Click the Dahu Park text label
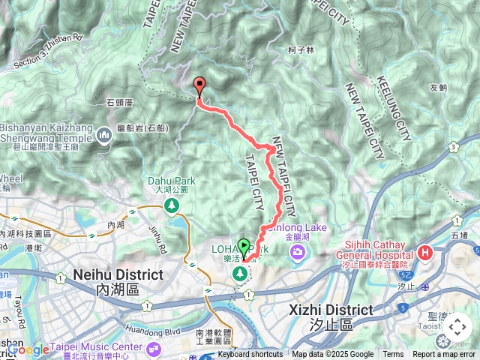172,181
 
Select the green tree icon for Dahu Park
172,204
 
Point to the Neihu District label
118,275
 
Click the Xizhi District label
331,310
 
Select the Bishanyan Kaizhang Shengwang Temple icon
103,135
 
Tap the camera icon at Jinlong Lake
298,253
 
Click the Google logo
28,349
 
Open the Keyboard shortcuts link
250,355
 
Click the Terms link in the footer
393,355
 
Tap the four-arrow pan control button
457,328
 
